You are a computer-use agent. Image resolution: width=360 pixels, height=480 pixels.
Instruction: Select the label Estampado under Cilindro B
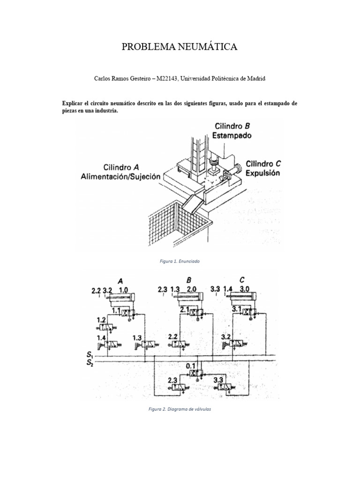pos(233,135)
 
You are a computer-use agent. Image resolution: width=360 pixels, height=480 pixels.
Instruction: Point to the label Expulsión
pos(263,172)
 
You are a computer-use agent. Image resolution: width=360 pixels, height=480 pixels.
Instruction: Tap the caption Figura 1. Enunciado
pos(180,261)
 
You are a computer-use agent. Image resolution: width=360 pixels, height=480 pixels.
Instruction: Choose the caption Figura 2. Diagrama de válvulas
pos(180,409)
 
